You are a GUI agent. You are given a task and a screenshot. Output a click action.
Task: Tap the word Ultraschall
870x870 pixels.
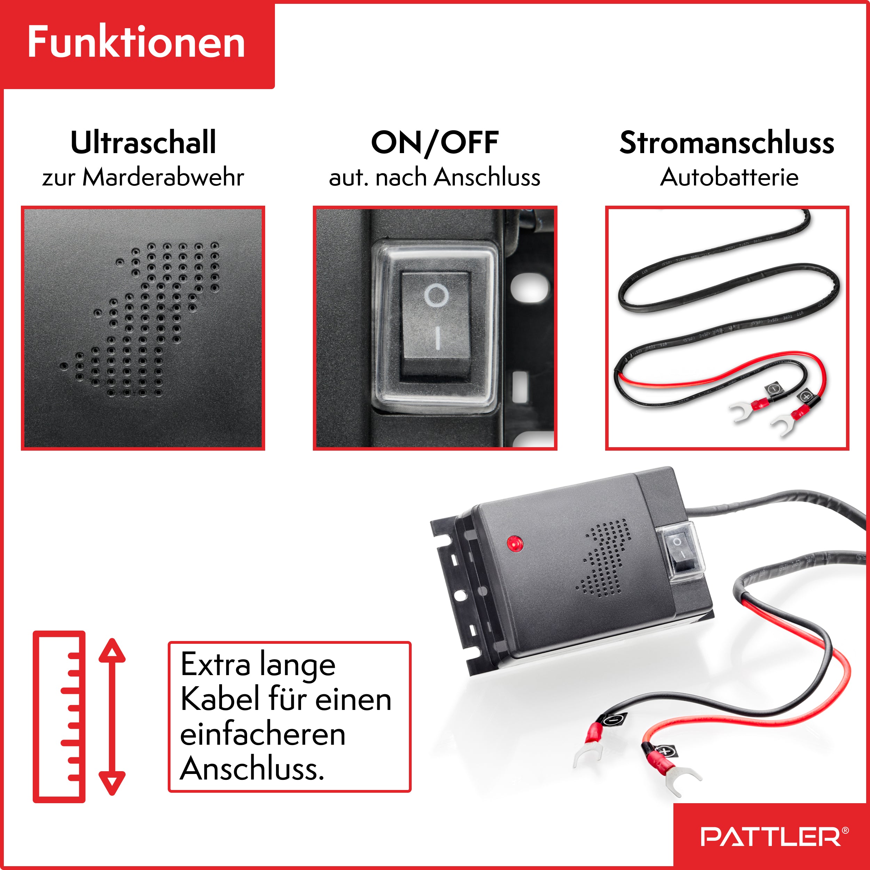143,143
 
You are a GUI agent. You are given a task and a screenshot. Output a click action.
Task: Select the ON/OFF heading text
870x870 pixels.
435,143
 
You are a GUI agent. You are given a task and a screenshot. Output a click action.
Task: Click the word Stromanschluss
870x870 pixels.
727,143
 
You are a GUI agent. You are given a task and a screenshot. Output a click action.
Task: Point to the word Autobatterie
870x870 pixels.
729,177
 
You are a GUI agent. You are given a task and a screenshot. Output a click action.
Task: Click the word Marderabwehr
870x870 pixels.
163,177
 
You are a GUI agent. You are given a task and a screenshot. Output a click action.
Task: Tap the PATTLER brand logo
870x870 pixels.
770,837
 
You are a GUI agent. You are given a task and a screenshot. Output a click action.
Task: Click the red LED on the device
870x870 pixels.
514,543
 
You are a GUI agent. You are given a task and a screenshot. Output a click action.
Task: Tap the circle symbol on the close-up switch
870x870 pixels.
436,296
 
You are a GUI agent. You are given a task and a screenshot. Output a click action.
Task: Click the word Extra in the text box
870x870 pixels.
215,665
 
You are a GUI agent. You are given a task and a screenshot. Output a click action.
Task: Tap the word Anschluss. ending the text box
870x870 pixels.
252,769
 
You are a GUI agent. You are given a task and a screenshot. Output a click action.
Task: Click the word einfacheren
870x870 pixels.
262,735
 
